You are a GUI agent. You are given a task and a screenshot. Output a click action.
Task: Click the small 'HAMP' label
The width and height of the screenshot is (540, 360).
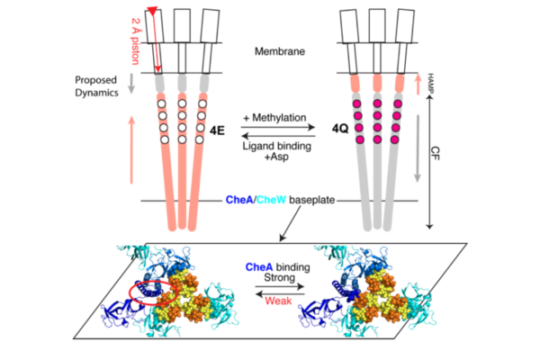(x=432, y=82)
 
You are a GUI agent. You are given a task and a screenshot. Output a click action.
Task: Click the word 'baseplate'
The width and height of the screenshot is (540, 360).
(x=312, y=201)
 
